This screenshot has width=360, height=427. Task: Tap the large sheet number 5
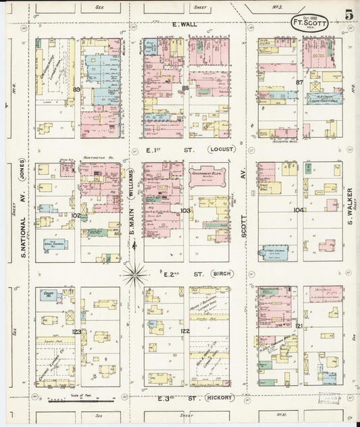[347, 16]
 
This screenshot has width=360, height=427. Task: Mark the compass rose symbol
[136, 274]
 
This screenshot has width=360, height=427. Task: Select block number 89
[77, 89]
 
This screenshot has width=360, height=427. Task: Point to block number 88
[184, 88]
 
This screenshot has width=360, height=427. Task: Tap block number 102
[76, 216]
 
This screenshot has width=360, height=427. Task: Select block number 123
[76, 332]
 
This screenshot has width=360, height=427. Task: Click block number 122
[184, 331]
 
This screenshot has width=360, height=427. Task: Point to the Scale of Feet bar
[80, 397]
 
